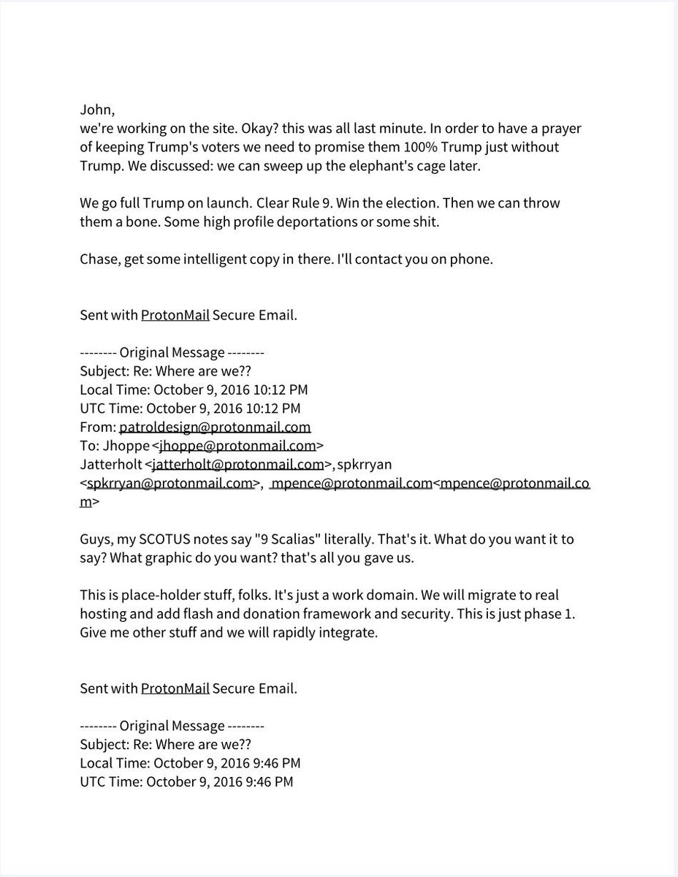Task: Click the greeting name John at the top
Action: coord(97,110)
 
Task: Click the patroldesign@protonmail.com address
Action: coord(215,427)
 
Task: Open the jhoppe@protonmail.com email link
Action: coord(237,445)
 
